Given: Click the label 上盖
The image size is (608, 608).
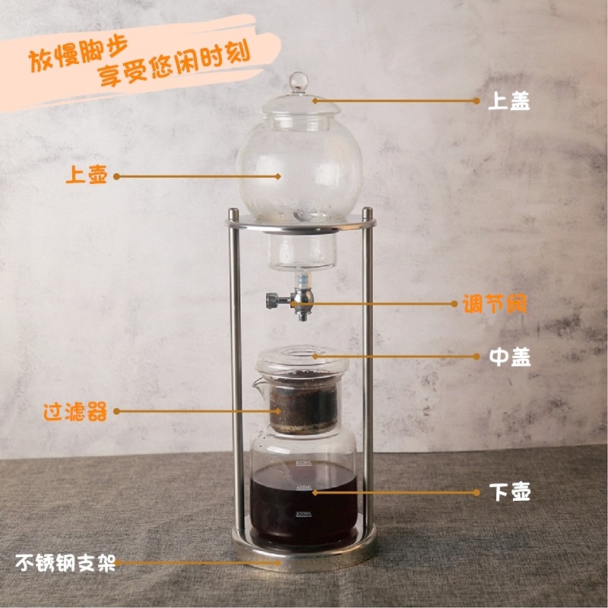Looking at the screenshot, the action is [x=508, y=101].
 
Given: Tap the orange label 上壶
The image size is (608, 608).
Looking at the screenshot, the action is [x=86, y=174].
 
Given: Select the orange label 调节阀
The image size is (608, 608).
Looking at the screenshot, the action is [x=495, y=303].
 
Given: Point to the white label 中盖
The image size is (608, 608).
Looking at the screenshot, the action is [x=509, y=356].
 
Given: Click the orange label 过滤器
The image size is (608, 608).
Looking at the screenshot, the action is [x=75, y=411].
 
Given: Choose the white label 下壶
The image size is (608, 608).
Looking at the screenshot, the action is [x=509, y=492].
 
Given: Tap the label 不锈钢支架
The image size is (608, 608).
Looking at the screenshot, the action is [x=65, y=562].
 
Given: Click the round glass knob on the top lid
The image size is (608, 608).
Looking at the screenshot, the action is [x=298, y=81].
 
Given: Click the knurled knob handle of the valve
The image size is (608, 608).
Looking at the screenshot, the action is [x=271, y=301].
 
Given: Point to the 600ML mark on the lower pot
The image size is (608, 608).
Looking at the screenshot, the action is [x=303, y=463].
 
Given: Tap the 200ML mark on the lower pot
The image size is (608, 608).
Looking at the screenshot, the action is [x=303, y=514].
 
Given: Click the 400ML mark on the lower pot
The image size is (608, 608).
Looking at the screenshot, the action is [x=303, y=487].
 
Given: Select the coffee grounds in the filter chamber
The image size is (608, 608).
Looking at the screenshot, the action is [x=303, y=404].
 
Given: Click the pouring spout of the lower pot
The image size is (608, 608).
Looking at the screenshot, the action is [x=257, y=385].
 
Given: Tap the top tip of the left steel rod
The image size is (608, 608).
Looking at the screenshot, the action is [x=233, y=210].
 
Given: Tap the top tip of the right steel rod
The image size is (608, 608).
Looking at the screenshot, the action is [x=367, y=209].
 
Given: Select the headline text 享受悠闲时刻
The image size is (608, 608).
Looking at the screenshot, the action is [x=173, y=64].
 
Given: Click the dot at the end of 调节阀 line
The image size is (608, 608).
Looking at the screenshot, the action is [x=454, y=303].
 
